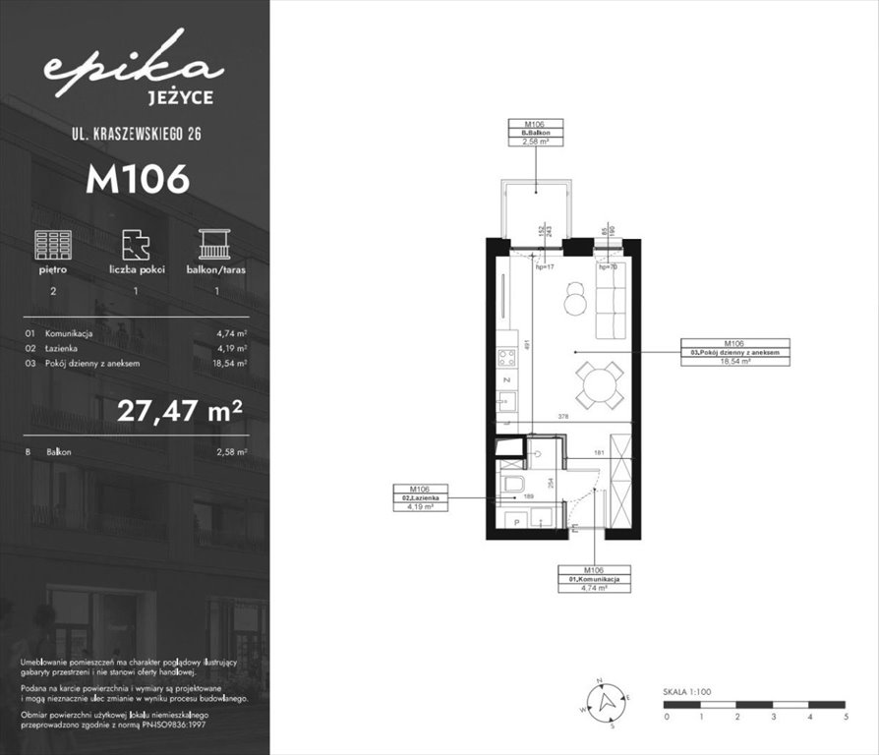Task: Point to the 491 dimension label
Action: (527, 345)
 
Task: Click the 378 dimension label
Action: (562, 416)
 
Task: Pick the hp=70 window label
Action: (609, 266)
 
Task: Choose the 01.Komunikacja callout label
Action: (594, 579)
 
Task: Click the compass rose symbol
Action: (609, 701)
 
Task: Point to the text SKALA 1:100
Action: (687, 692)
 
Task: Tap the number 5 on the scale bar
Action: (845, 717)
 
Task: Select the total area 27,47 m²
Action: (181, 409)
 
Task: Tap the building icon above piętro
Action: (53, 244)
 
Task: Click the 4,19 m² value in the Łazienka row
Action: (231, 348)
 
